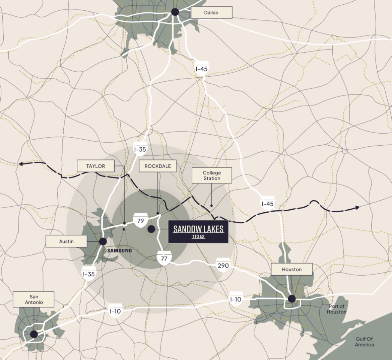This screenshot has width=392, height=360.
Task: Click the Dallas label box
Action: [x=211, y=13]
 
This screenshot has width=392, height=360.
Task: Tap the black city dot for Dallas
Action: [x=175, y=12]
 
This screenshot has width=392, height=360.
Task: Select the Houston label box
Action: [x=291, y=269]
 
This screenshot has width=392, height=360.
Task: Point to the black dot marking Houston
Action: [x=292, y=299]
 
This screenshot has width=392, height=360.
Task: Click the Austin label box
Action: [x=66, y=241]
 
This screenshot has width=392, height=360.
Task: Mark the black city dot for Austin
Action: [x=103, y=241]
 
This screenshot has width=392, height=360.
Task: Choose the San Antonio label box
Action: [x=34, y=299]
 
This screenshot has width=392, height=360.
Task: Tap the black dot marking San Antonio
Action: [x=34, y=334]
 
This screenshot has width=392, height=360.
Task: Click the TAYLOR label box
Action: [x=95, y=166]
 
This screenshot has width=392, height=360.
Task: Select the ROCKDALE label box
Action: [x=157, y=166]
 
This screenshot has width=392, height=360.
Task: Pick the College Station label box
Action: [x=212, y=175]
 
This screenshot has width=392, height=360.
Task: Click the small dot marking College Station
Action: [x=211, y=205]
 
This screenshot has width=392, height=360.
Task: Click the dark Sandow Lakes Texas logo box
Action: [x=198, y=231]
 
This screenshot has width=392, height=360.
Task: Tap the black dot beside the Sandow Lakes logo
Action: [x=151, y=229]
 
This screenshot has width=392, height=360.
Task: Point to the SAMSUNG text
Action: [x=119, y=250]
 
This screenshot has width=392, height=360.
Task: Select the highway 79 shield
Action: [x=140, y=220]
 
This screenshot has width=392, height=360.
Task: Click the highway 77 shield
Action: [x=164, y=258]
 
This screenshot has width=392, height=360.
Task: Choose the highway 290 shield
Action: [x=223, y=265]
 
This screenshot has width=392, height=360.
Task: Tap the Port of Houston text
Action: [x=337, y=309]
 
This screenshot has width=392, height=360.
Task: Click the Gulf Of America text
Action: [x=364, y=342]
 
